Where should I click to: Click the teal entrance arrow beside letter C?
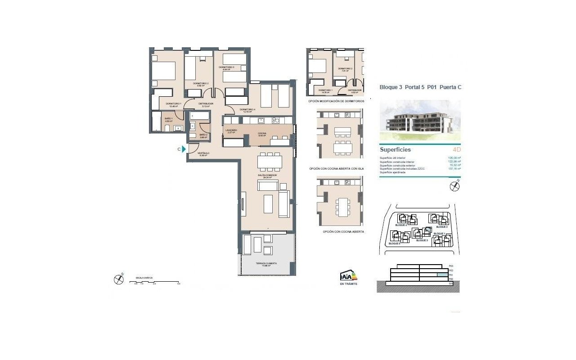pyautogui.click(x=184, y=149)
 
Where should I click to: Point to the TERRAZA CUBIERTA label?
pyautogui.click(x=266, y=264)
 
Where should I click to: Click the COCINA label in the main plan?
pyautogui.click(x=262, y=134)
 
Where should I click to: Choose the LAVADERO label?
pyautogui.click(x=231, y=130)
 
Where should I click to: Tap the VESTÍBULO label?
pyautogui.click(x=204, y=153)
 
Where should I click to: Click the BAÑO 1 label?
pyautogui.click(x=169, y=119)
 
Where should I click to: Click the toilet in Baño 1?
pyautogui.click(x=167, y=129)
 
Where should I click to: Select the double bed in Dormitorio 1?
pyautogui.click(x=163, y=71)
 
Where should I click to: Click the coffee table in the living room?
pyautogui.click(x=268, y=203)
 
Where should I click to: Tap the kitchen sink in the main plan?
pyautogui.click(x=261, y=121)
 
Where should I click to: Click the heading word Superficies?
pyautogui.click(x=395, y=150)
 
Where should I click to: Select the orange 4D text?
pyautogui.click(x=456, y=150)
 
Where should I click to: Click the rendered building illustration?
pyautogui.click(x=420, y=120)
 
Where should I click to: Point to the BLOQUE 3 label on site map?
pyautogui.click(x=422, y=240)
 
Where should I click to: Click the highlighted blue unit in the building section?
pyautogui.click(x=443, y=274)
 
